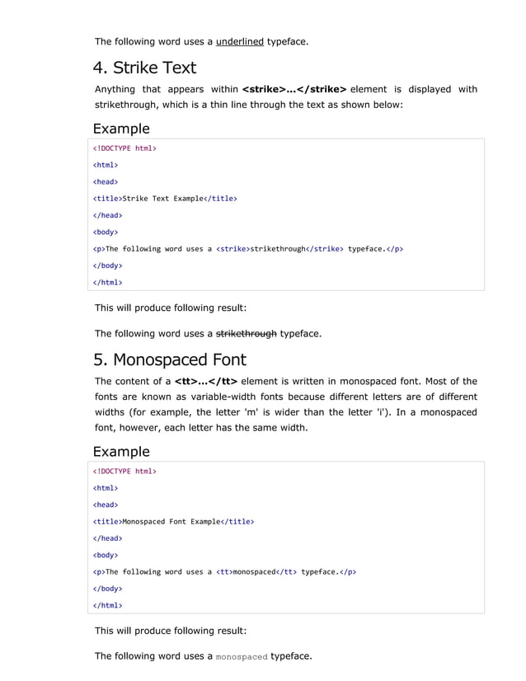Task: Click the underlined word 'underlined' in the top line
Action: (x=240, y=41)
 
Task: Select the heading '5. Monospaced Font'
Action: (x=169, y=360)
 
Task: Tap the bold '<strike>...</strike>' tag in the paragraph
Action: (x=294, y=89)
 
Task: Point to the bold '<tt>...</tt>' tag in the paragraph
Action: (x=206, y=381)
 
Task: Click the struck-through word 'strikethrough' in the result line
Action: (x=246, y=334)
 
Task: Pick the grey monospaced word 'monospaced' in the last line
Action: (x=241, y=657)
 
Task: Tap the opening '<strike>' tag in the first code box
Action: (x=232, y=249)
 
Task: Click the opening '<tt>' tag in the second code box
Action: (x=223, y=572)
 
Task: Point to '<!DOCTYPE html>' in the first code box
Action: (x=124, y=148)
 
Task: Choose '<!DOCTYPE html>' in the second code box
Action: (x=124, y=472)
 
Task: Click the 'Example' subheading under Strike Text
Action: (x=121, y=129)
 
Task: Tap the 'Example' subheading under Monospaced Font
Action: (x=121, y=452)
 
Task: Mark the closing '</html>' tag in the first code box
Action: (x=107, y=283)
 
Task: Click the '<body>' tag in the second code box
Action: (x=105, y=556)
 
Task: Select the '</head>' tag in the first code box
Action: (x=107, y=215)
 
